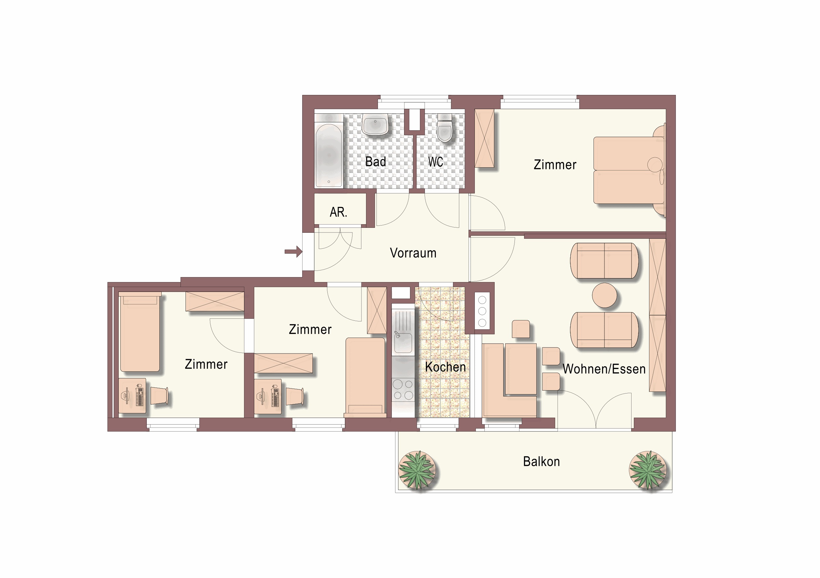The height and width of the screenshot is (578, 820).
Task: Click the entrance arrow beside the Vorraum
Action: [294, 252]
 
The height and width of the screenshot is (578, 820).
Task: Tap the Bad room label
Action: [375, 162]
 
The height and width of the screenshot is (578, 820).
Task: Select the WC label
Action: [436, 162]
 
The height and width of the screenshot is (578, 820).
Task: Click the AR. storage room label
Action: [338, 212]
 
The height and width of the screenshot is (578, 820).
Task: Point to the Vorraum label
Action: [413, 253]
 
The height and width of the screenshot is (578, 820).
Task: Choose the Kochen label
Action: [445, 367]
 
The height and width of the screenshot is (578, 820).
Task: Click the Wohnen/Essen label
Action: [604, 369]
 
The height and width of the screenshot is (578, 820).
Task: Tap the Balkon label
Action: [541, 462]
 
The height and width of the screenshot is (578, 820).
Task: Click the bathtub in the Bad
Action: [329, 155]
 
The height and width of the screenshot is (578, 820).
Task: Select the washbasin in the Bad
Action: [375, 125]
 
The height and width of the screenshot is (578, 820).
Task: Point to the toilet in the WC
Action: [445, 128]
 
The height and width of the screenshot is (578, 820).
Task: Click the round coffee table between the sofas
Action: [604, 295]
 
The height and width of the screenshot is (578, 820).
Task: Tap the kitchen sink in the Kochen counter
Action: [403, 342]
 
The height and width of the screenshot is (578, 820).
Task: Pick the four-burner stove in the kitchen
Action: [403, 390]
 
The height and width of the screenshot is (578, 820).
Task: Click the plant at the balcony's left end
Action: [417, 470]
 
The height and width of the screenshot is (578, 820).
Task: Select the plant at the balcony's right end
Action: [647, 470]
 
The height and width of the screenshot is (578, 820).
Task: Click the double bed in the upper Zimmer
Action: [629, 170]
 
